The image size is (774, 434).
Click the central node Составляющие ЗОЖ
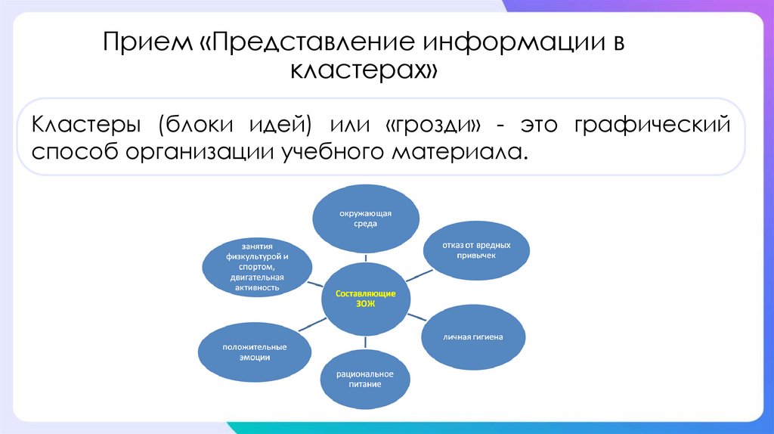[x=365, y=298]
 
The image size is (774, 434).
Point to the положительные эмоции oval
[x=254, y=351]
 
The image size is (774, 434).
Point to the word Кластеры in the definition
[x=84, y=124]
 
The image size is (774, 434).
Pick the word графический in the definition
[x=652, y=124]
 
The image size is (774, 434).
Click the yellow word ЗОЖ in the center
[x=365, y=303]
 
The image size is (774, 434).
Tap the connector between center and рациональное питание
[x=365, y=341]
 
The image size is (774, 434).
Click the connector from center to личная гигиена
[x=420, y=318]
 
